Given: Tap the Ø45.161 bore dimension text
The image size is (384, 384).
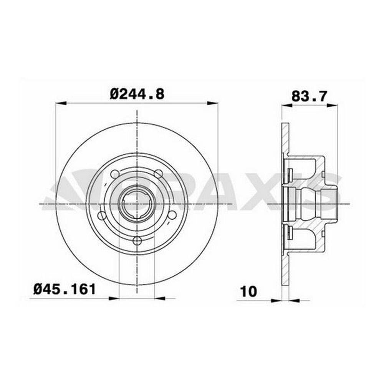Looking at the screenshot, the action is click(65, 289).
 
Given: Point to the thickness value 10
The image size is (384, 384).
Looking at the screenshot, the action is click(249, 291).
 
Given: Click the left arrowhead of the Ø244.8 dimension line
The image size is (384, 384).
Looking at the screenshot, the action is click(61, 103).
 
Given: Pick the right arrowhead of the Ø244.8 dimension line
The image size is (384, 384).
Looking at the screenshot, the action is click(212, 103).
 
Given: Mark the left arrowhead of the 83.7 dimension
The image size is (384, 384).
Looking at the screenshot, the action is click(287, 105).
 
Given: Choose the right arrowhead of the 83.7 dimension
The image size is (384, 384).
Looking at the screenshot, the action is click(333, 105).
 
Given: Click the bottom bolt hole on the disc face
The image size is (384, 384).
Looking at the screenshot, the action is click(137, 240).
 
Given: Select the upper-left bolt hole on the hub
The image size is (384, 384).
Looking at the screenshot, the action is click(115, 174).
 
